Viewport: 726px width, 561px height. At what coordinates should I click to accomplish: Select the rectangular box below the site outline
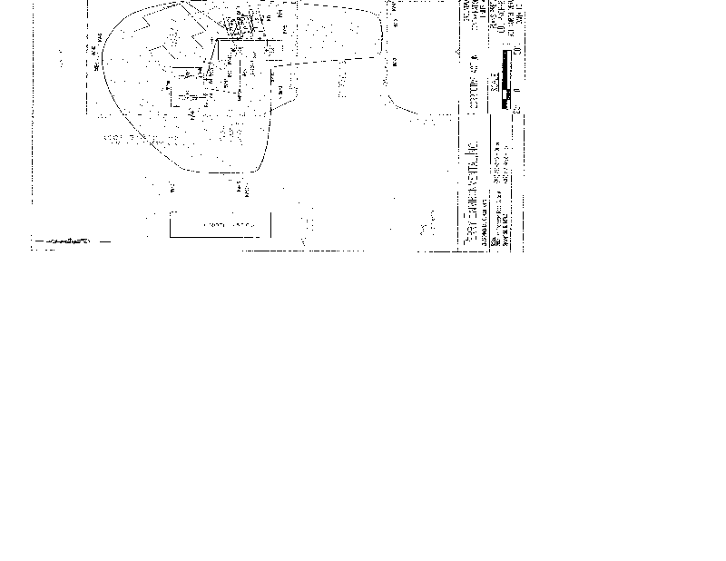[x=221, y=224]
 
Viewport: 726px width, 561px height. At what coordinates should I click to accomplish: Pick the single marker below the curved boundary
[x=172, y=187]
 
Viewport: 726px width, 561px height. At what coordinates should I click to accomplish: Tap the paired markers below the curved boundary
[x=241, y=188]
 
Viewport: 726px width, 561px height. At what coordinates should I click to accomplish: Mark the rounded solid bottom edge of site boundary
[x=218, y=169]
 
